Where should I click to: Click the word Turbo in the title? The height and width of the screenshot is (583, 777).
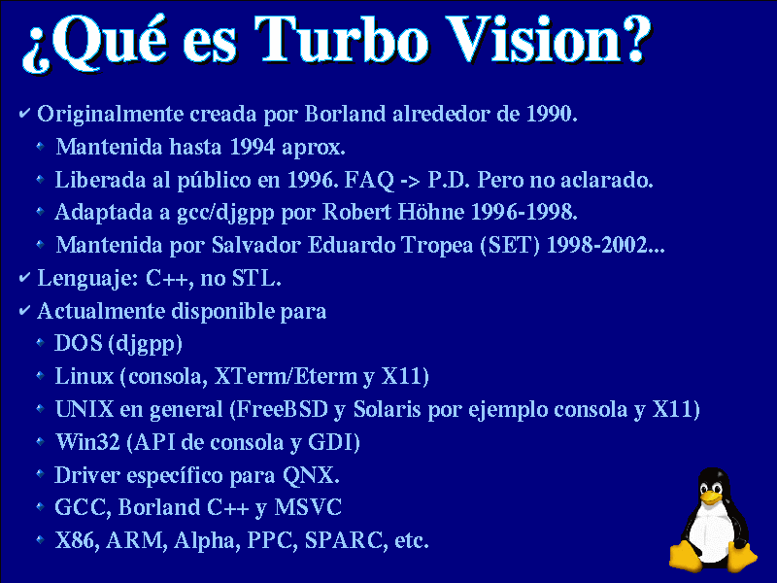tap(342, 40)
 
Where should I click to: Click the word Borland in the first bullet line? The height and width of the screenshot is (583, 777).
tap(345, 114)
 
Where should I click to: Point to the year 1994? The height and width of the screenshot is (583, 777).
tap(253, 147)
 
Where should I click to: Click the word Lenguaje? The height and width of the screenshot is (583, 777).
tap(84, 279)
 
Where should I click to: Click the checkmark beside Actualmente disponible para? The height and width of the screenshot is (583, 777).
tap(25, 311)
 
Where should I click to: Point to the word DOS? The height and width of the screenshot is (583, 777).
tap(79, 343)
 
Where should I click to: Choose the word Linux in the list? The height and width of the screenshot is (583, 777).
tap(84, 376)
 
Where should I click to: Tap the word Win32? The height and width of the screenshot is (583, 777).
tap(87, 442)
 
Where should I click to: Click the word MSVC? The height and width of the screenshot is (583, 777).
tap(308, 507)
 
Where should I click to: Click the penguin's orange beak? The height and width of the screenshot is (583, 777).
tap(711, 497)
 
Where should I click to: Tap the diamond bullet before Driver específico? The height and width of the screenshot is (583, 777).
tap(41, 474)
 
